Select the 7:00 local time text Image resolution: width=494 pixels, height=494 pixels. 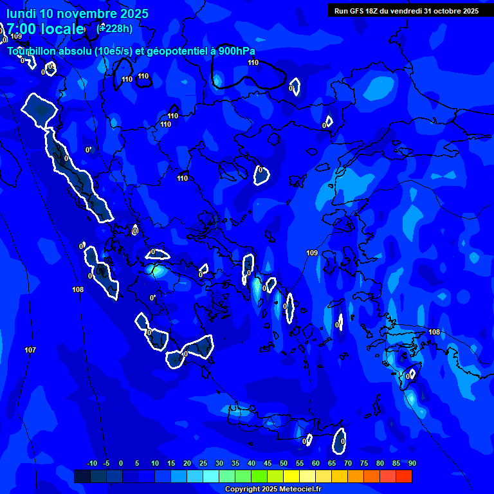(45, 29)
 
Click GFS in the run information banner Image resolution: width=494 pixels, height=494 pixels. (357, 11)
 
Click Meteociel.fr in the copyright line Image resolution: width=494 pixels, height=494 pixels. (298, 489)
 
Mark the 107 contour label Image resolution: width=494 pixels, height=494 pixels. (30, 350)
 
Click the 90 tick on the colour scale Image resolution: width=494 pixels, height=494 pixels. (412, 463)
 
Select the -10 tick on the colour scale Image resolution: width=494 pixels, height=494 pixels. (91, 463)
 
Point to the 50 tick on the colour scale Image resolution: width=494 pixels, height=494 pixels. (283, 463)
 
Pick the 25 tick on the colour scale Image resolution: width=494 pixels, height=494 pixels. (203, 463)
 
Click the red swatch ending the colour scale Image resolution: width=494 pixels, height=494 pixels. (404, 476)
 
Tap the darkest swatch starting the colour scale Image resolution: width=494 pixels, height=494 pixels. (82, 476)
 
